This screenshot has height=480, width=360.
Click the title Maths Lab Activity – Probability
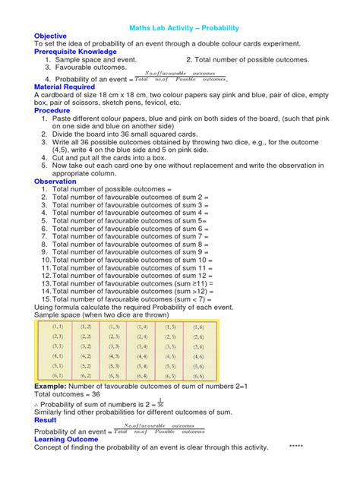pos(180,24)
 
